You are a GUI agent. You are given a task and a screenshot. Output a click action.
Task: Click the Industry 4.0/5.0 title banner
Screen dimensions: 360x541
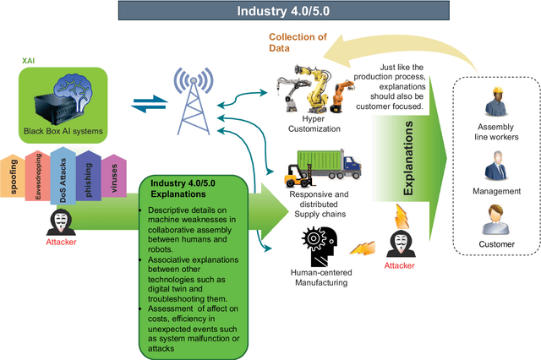point(270,13)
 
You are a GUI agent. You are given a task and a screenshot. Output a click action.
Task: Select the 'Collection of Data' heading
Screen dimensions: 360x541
point(292,42)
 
